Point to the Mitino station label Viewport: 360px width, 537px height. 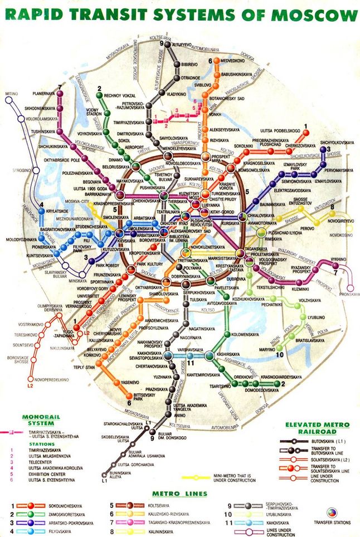pyautogui.click(x=12, y=94)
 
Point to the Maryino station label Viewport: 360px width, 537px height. pyautogui.click(x=267, y=349)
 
